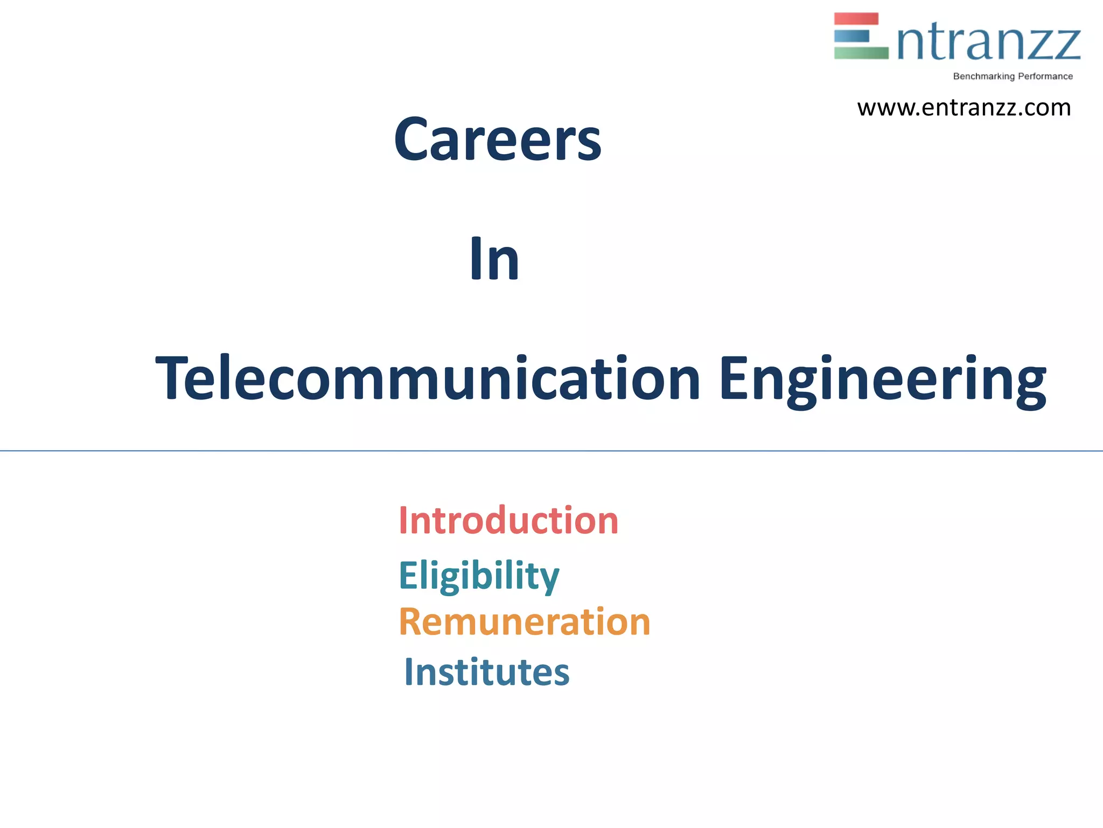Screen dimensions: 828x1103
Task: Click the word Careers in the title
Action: pos(497,140)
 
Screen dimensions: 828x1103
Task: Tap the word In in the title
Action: pos(494,259)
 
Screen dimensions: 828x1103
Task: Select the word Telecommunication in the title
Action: pos(428,378)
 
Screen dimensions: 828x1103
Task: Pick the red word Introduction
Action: pos(508,521)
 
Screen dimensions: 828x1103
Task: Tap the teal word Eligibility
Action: pos(479,575)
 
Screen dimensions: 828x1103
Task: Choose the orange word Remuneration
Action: pos(525,622)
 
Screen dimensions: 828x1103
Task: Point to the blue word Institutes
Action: pos(487,672)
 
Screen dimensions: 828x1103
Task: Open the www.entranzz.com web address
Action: pos(964,108)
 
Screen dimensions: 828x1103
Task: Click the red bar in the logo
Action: pos(856,19)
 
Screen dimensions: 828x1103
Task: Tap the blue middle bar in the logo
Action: pos(851,36)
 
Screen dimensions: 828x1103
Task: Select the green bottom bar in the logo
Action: pos(861,53)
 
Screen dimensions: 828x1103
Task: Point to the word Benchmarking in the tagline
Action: pos(983,77)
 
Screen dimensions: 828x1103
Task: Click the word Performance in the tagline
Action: pos(1045,77)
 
